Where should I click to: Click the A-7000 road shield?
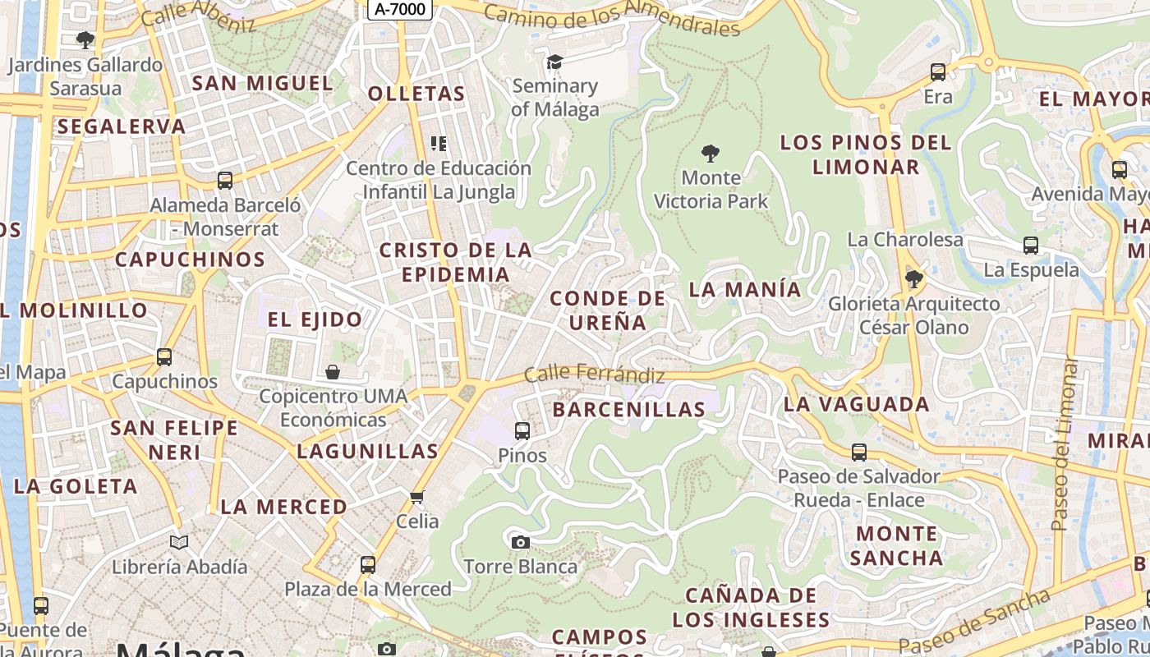(x=400, y=9)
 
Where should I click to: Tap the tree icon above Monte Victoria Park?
(x=711, y=153)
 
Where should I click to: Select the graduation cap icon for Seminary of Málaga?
(x=555, y=62)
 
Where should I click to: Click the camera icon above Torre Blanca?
(x=520, y=542)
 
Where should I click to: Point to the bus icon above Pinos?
(x=522, y=430)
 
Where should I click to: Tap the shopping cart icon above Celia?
(x=417, y=497)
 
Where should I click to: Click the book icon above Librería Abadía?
(x=179, y=542)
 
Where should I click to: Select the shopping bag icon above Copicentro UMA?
(x=333, y=372)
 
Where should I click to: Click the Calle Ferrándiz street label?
(x=595, y=374)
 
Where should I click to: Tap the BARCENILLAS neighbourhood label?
(x=629, y=409)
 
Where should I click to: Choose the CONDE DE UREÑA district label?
(x=607, y=310)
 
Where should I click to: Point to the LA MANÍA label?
(x=745, y=289)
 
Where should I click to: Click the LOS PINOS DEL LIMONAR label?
(x=866, y=154)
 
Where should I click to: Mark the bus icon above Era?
(x=938, y=72)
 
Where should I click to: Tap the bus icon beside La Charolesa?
(x=1031, y=245)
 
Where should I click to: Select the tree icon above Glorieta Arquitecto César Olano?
(x=913, y=279)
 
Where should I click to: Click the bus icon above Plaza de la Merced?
(x=368, y=565)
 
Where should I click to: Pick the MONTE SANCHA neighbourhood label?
(x=896, y=545)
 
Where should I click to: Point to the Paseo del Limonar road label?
(x=1065, y=443)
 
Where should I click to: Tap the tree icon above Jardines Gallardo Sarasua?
(x=85, y=39)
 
